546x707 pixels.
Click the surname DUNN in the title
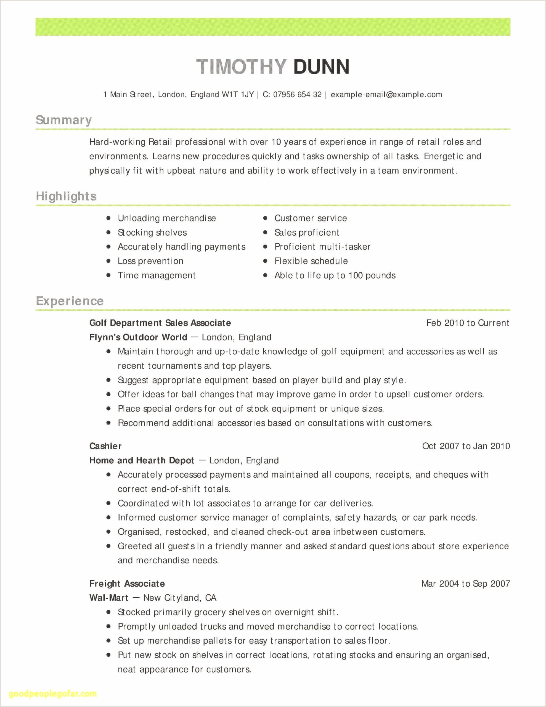tap(321, 67)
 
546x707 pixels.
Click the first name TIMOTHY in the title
tap(242, 67)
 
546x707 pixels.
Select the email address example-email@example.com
tap(386, 94)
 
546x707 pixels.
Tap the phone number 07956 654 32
tap(297, 94)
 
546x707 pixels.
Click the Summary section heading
tap(64, 120)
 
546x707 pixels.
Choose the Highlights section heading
tap(66, 196)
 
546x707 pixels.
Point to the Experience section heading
tap(70, 301)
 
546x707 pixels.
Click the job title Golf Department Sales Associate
tap(160, 323)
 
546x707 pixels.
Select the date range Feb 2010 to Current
tap(468, 323)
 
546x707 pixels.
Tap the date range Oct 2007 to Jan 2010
tap(466, 446)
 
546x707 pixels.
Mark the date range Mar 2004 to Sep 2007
tap(465, 584)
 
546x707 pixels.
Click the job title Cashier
tap(105, 446)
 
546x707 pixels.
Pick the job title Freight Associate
tap(127, 584)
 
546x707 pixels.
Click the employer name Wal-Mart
tap(109, 598)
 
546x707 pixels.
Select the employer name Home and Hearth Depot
tap(141, 460)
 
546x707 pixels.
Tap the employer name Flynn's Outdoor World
tap(138, 337)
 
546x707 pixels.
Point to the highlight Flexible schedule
tap(311, 261)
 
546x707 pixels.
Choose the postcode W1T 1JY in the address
tap(238, 94)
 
